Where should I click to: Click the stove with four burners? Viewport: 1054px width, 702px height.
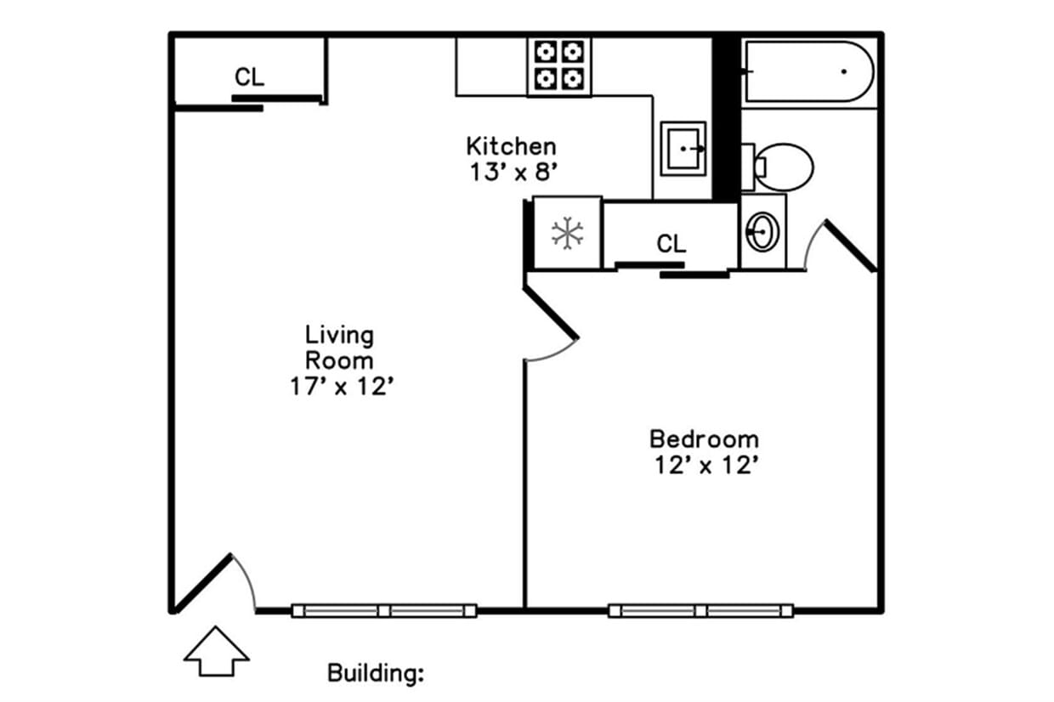pyautogui.click(x=559, y=66)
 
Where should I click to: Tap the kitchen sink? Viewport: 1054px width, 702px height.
pyautogui.click(x=683, y=148)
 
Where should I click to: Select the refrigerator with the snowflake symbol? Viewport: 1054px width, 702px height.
pyautogui.click(x=567, y=233)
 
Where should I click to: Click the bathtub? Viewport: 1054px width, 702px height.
pyautogui.click(x=808, y=71)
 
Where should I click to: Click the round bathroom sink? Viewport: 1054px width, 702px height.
pyautogui.click(x=762, y=230)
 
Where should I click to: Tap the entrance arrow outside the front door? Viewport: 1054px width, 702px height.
pyautogui.click(x=216, y=651)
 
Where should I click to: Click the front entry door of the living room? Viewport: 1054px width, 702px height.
pyautogui.click(x=202, y=582)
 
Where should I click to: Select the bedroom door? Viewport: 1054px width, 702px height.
pyautogui.click(x=551, y=313)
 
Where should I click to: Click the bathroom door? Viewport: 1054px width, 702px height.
pyautogui.click(x=849, y=246)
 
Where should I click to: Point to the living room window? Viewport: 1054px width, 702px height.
pyautogui.click(x=383, y=610)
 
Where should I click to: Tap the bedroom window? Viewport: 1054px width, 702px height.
pyautogui.click(x=700, y=610)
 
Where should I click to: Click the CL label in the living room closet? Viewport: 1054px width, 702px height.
pyautogui.click(x=249, y=77)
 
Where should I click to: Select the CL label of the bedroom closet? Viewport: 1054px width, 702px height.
pyautogui.click(x=671, y=245)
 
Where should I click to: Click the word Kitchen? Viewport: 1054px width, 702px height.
pyautogui.click(x=511, y=145)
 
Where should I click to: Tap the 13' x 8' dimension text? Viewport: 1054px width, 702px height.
pyautogui.click(x=513, y=172)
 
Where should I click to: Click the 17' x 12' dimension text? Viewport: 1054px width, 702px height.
pyautogui.click(x=339, y=387)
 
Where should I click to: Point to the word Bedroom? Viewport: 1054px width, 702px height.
pyautogui.click(x=704, y=439)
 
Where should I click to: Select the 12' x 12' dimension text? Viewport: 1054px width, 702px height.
pyautogui.click(x=705, y=466)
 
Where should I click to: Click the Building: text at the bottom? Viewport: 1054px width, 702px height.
pyautogui.click(x=376, y=674)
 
